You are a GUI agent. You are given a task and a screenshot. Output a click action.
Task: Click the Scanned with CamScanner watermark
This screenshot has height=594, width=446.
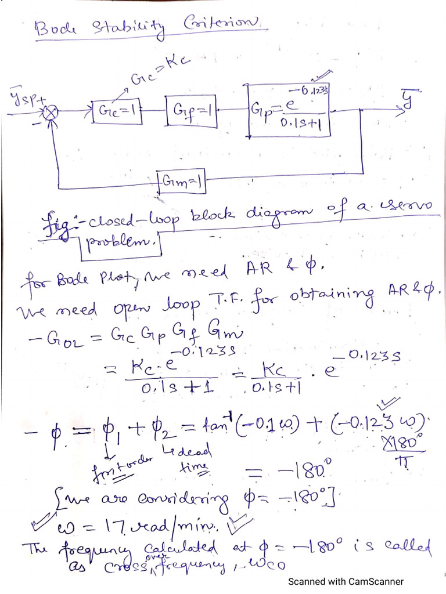(346, 581)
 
